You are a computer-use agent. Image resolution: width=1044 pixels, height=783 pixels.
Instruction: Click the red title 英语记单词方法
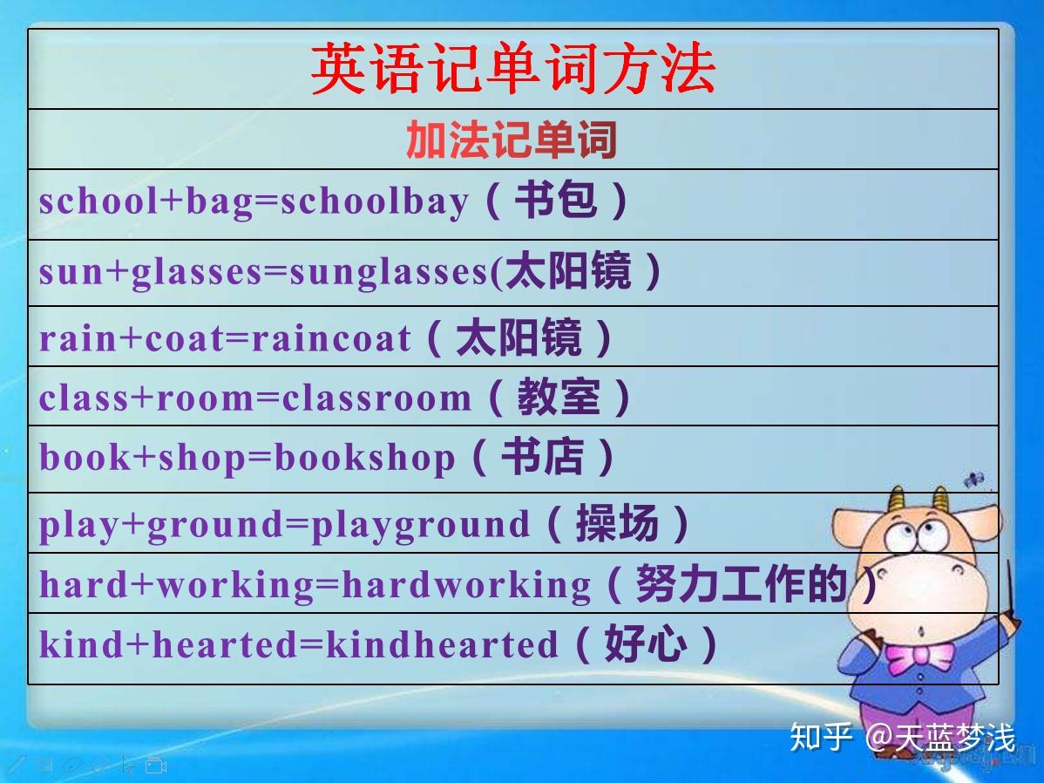tap(512, 68)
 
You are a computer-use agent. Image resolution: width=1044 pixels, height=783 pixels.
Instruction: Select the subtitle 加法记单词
tap(512, 140)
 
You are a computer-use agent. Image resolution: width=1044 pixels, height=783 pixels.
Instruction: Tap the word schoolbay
tap(375, 201)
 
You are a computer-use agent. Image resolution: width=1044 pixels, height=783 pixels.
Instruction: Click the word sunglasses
tap(389, 273)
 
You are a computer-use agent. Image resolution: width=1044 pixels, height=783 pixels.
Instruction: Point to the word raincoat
tap(331, 337)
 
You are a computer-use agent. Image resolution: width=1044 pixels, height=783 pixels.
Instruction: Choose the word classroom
tap(376, 398)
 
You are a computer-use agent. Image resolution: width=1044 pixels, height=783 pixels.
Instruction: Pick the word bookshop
tap(365, 459)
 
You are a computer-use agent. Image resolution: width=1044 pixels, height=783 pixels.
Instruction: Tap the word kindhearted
tap(442, 644)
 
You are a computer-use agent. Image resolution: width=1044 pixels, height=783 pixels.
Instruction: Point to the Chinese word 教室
tap(559, 397)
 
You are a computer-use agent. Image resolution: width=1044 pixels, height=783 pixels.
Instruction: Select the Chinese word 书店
tap(542, 457)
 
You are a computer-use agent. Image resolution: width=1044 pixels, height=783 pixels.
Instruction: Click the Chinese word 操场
tap(617, 523)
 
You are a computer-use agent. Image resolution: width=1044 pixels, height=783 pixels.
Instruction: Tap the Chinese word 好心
tap(645, 643)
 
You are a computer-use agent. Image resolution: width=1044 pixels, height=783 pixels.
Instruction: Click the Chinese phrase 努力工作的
tap(741, 583)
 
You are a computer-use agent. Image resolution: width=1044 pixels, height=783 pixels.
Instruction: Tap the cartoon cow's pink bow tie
tap(921, 656)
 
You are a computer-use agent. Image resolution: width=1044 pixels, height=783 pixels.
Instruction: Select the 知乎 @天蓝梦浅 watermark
tap(903, 738)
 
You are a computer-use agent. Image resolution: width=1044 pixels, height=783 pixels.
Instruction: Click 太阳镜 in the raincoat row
tap(519, 337)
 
